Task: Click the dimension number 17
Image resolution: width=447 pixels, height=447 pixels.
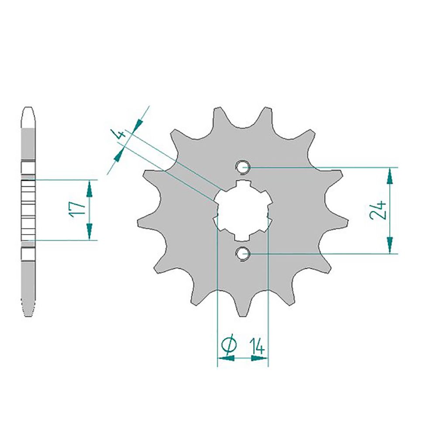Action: click(x=77, y=210)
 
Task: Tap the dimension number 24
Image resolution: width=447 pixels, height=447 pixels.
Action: click(x=378, y=210)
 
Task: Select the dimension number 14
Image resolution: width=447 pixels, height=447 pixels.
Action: click(x=257, y=346)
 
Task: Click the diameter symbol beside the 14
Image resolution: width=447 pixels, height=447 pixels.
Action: click(x=229, y=345)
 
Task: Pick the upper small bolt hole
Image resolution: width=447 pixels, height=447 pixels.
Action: click(x=243, y=167)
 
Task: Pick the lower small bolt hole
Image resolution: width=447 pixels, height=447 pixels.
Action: click(x=243, y=254)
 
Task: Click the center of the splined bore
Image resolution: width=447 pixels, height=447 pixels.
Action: click(x=243, y=210)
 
